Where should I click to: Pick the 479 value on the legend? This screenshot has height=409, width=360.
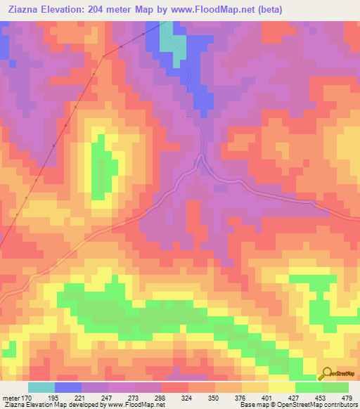346,398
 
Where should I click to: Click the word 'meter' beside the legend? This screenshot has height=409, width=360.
11,398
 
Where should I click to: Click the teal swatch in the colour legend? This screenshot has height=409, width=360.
41,387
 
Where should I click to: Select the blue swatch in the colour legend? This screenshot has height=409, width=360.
68,387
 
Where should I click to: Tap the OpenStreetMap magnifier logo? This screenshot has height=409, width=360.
326,375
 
